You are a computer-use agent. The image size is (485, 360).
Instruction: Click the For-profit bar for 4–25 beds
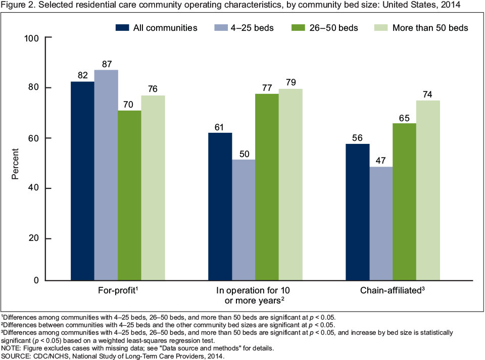pyautogui.click(x=106, y=175)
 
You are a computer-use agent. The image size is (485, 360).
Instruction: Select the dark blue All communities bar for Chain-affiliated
pyautogui.click(x=358, y=212)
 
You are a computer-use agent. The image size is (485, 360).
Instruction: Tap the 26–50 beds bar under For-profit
pyautogui.click(x=130, y=195)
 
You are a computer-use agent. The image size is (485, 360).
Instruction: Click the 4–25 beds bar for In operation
pyautogui.click(x=244, y=220)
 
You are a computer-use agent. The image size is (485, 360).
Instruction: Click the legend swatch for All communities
pyautogui.click(x=123, y=28)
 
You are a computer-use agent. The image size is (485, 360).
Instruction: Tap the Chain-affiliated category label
pyautogui.click(x=391, y=291)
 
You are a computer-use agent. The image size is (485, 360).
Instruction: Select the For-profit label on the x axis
pyautogui.click(x=118, y=291)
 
